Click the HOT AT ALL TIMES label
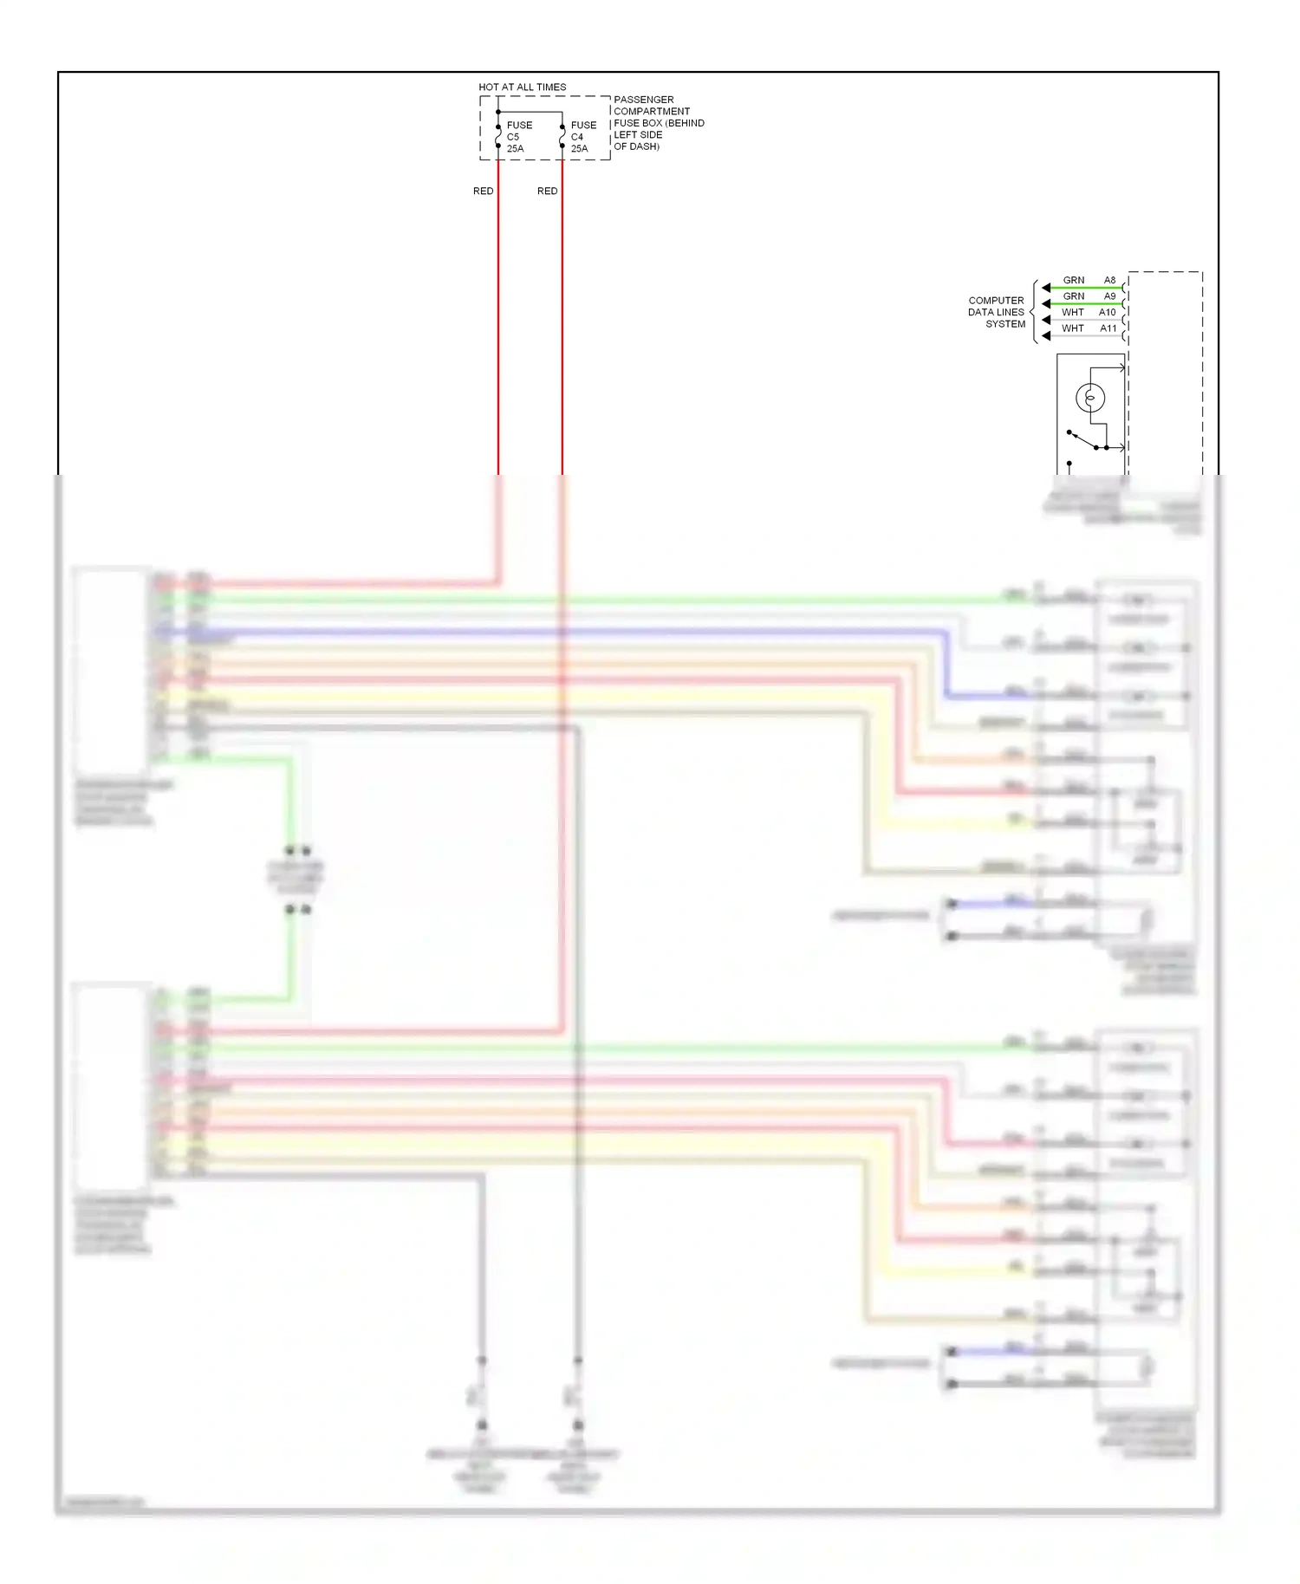(522, 88)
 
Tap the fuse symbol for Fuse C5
(498, 137)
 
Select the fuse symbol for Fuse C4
(562, 137)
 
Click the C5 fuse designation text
(513, 137)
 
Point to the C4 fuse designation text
(577, 137)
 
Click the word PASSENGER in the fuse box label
(643, 100)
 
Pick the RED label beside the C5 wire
(483, 191)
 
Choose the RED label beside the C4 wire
(547, 191)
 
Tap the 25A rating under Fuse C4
(579, 149)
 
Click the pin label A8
(1109, 280)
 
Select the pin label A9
(1109, 296)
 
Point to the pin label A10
(1108, 312)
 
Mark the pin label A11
(1108, 328)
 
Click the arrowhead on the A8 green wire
(1046, 288)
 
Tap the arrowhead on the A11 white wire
(1046, 336)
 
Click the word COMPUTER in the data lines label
(996, 301)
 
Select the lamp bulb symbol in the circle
(1090, 398)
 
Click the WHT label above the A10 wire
(1073, 312)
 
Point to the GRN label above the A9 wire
(1074, 296)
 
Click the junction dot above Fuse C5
(498, 112)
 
